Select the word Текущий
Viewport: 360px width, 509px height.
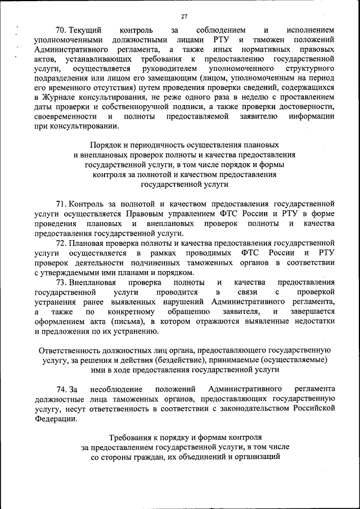coord(84,29)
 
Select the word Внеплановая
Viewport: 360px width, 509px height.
coord(93,282)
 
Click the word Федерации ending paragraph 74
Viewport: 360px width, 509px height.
coord(53,419)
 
